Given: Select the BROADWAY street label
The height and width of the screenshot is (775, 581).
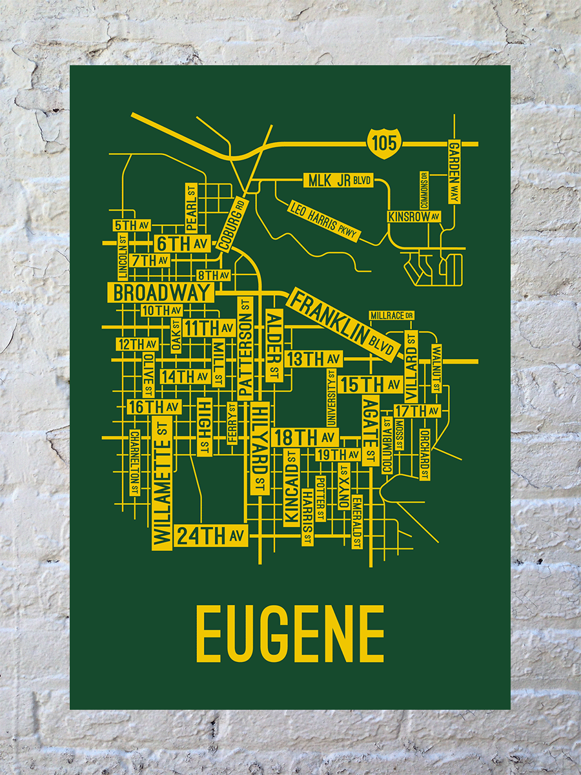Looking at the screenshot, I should tap(161, 293).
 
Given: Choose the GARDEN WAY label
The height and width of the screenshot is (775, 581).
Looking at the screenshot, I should tap(454, 171).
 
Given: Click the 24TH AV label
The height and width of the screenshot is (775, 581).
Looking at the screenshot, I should tap(210, 535).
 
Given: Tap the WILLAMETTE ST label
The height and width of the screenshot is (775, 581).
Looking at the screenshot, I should tap(161, 482).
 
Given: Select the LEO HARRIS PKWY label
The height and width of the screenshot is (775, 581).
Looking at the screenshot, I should tap(323, 222).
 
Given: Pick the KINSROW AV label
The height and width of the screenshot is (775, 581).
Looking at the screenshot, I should tap(414, 216).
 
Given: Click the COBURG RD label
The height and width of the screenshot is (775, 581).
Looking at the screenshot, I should tap(232, 223).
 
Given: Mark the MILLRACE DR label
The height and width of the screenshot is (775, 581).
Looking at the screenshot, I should tap(391, 315).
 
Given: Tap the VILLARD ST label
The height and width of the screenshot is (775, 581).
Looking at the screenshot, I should tap(411, 365).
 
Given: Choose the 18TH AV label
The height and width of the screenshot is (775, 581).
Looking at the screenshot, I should tap(296, 437).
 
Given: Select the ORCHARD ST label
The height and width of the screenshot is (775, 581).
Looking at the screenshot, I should tap(424, 454).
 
